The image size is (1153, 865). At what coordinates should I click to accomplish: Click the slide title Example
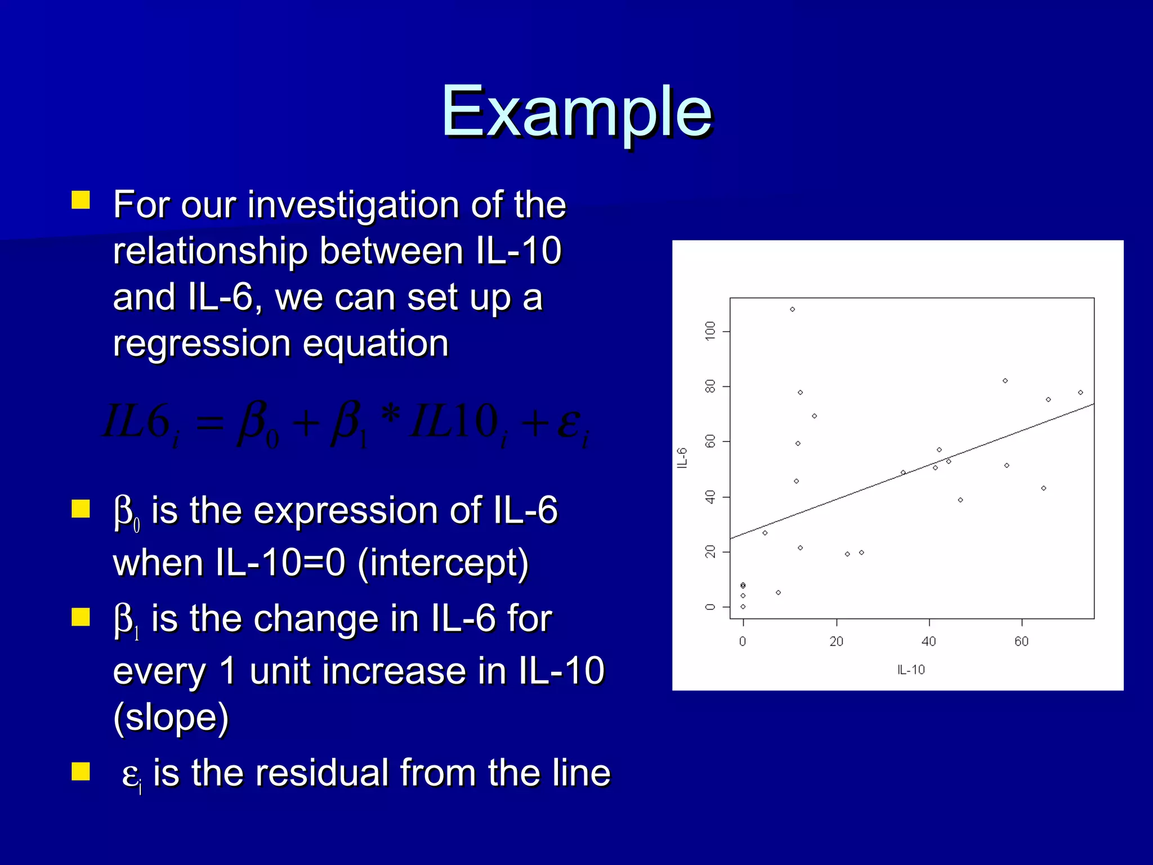[576, 112]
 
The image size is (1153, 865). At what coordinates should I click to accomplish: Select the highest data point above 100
[792, 309]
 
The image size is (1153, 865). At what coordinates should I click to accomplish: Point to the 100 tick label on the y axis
[710, 330]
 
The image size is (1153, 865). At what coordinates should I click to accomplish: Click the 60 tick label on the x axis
[1021, 641]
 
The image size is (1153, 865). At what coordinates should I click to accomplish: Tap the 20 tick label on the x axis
[836, 641]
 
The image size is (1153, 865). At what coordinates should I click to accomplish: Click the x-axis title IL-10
[911, 670]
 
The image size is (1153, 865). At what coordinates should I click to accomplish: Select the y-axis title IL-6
[682, 458]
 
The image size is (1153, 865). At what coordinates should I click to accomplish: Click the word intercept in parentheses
[443, 563]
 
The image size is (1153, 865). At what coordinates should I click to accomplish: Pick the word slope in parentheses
[171, 717]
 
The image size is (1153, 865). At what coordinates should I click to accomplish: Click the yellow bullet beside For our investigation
[81, 200]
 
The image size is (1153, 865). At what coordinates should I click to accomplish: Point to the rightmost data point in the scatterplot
[1080, 393]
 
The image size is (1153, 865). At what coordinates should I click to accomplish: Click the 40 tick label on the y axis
[710, 497]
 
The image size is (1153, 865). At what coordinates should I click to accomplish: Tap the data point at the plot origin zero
[743, 607]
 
